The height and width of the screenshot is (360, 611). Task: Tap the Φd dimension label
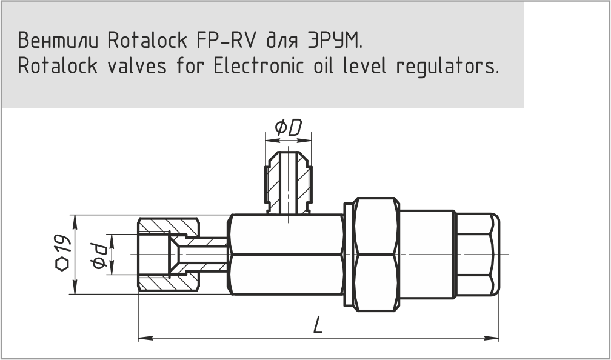pyautogui.click(x=99, y=255)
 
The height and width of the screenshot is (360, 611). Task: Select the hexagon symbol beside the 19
pyautogui.click(x=62, y=265)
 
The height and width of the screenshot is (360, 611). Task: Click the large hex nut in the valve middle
pyautogui.click(x=376, y=255)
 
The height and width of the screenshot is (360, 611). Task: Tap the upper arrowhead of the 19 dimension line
pyautogui.click(x=75, y=220)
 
